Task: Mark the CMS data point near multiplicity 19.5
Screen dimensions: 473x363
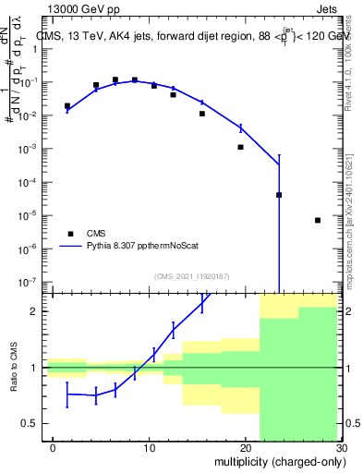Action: pyautogui.click(x=240, y=147)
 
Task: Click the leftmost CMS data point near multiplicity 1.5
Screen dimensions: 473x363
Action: pyautogui.click(x=67, y=106)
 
